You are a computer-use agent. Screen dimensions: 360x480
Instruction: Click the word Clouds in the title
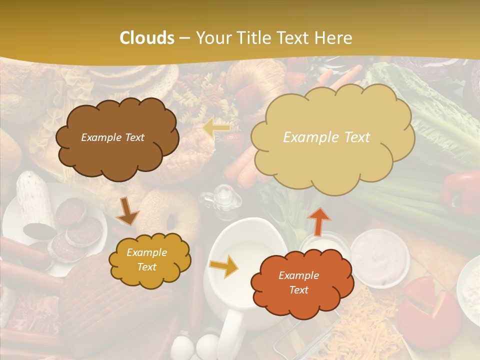146,38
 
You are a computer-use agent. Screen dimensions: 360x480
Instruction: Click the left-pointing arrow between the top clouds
216,129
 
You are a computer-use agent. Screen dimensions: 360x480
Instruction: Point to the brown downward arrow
127,212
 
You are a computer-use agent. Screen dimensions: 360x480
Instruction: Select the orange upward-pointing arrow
319,220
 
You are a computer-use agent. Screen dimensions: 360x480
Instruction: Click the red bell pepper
460,192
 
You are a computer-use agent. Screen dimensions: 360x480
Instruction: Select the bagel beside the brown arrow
170,215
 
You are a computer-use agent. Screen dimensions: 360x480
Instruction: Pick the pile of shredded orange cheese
365,325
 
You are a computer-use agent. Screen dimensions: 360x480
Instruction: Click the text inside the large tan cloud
326,137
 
